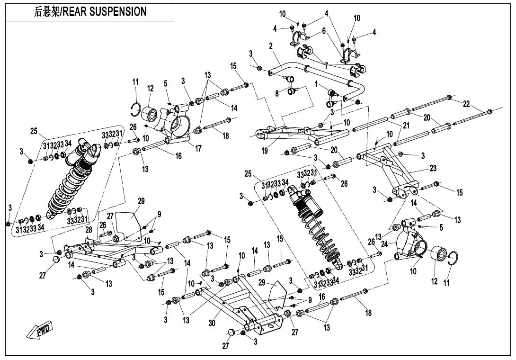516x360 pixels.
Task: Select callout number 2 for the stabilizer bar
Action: click(x=271, y=46)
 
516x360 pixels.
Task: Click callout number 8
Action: click(x=277, y=93)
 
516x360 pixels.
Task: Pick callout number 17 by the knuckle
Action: click(x=198, y=149)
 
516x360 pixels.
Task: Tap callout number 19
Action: click(x=265, y=151)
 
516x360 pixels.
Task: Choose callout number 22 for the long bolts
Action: click(x=466, y=104)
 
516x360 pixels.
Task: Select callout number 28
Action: click(x=89, y=230)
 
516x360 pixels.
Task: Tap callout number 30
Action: click(x=212, y=323)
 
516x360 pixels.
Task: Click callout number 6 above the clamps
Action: click(x=324, y=30)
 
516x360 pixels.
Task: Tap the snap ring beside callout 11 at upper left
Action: click(x=134, y=109)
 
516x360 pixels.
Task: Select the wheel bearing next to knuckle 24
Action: click(x=438, y=254)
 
